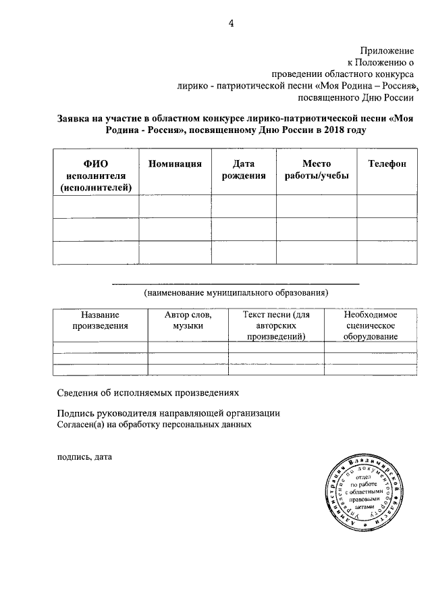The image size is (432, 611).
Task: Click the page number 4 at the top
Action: pos(231,24)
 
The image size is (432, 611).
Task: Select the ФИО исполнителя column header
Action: pos(95,176)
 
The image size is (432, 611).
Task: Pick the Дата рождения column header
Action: pos(244,170)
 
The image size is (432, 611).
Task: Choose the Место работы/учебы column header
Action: pos(316,170)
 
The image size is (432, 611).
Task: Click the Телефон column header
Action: pos(386,164)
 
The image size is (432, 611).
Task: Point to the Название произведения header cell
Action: pos(100,320)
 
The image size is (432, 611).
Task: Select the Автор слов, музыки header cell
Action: pos(188,320)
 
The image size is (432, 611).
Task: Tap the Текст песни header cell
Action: pos(276,325)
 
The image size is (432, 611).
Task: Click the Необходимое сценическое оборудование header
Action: pos(369,325)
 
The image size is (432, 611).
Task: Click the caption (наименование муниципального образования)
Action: pos(236,293)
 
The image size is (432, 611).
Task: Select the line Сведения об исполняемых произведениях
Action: pos(147,392)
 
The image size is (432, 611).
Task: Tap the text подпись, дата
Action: pos(84,456)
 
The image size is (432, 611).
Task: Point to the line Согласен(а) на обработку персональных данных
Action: pos(155,425)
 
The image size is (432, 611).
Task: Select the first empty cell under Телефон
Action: pos(386,206)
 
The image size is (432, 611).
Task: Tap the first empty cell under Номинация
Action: pos(175,206)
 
